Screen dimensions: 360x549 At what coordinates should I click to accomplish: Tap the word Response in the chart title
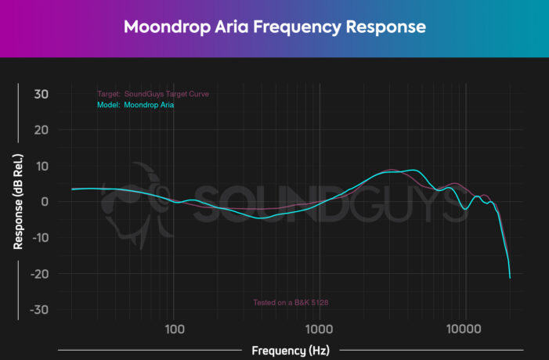tap(388, 27)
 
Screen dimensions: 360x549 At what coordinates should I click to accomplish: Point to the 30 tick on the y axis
tap(41, 94)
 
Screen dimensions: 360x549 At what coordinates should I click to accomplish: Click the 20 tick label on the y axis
tap(41, 130)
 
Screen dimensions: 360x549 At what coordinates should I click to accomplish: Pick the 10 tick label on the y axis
tap(41, 166)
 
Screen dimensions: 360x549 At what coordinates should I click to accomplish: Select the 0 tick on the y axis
tap(45, 202)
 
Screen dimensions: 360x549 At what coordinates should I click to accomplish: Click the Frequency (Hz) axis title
tap(286, 350)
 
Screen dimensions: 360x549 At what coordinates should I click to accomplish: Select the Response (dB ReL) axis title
tap(17, 201)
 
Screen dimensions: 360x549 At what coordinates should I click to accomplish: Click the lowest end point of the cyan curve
tap(510, 278)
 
